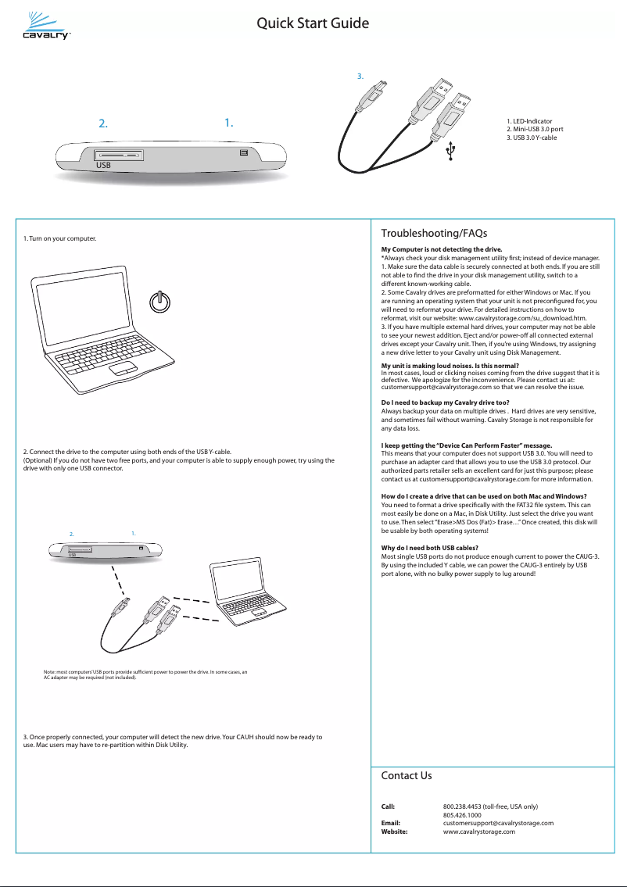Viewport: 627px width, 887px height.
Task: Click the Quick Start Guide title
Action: pos(313,23)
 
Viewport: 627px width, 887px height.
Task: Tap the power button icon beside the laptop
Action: pos(159,302)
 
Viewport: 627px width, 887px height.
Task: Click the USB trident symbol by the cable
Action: pos(450,153)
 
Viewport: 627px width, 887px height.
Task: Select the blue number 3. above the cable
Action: pos(360,77)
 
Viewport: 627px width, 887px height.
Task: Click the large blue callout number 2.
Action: pos(102,123)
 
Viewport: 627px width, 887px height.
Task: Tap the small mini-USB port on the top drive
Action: pos(243,153)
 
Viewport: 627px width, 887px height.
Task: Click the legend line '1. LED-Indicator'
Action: pos(530,122)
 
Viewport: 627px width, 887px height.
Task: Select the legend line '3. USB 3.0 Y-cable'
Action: pos(532,138)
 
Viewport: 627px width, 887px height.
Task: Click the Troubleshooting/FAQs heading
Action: pos(434,234)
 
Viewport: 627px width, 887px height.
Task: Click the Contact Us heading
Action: pos(406,776)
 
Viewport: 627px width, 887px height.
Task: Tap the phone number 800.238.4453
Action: pos(467,807)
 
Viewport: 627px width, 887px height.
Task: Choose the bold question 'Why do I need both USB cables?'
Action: pos(429,548)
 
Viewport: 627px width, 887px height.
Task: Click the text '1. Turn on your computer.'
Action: pos(60,238)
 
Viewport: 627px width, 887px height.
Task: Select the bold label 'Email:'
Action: pos(390,823)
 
